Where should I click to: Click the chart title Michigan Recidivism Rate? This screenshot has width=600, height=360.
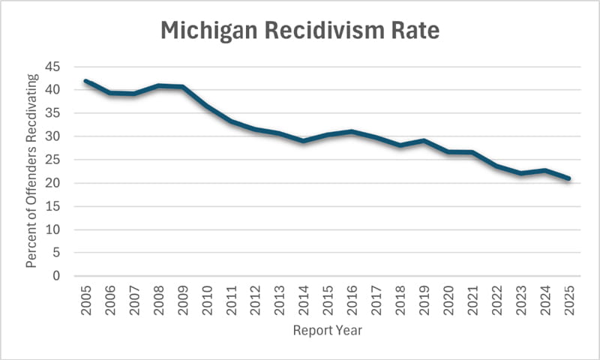[300, 32]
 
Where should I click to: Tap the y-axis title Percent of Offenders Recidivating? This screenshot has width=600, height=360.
[32, 171]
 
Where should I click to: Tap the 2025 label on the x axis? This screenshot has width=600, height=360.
[569, 298]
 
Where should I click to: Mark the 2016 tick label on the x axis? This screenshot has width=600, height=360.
[352, 298]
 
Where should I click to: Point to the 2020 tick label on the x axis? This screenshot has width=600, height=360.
[449, 298]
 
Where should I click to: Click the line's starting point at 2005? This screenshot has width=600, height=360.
[88, 81]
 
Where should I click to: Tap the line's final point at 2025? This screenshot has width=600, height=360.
[569, 178]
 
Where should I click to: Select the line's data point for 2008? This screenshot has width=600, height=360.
[160, 85]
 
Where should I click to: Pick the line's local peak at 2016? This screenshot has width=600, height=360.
[352, 132]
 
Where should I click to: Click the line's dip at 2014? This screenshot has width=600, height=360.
[304, 141]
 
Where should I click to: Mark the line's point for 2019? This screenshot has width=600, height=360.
[424, 141]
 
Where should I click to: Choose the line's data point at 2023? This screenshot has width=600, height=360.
[521, 173]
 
